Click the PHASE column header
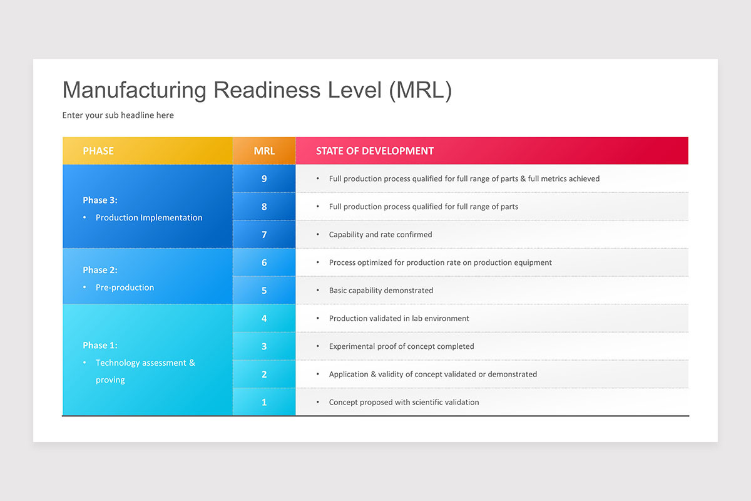(x=98, y=151)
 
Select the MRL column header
(x=264, y=151)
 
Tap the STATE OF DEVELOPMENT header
(x=374, y=151)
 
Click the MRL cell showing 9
(x=264, y=178)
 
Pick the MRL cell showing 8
(x=264, y=207)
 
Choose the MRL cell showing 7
(x=264, y=234)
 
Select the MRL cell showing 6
(x=264, y=262)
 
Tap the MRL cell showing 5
(x=264, y=291)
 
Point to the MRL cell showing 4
(x=264, y=318)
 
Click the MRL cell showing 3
(x=264, y=346)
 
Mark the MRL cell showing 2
(x=264, y=374)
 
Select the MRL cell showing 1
(x=264, y=402)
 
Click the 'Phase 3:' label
(x=100, y=200)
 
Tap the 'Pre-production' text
(x=125, y=287)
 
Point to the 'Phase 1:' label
(x=100, y=345)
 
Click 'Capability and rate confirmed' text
(x=381, y=234)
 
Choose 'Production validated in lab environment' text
(x=399, y=318)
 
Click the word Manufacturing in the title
(x=134, y=90)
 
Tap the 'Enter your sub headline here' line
(x=118, y=115)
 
